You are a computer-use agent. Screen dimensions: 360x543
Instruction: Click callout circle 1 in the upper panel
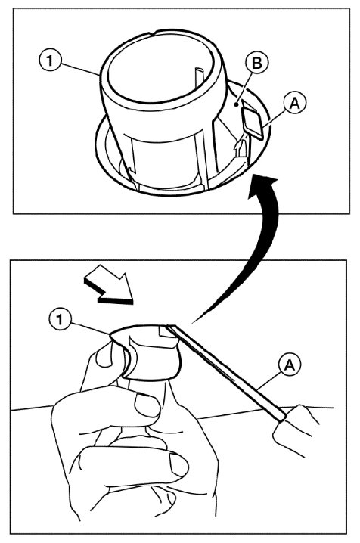pyautogui.click(x=50, y=61)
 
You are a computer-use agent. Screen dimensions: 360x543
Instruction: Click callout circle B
pyautogui.click(x=256, y=64)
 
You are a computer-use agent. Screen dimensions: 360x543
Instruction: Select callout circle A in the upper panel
pyautogui.click(x=294, y=103)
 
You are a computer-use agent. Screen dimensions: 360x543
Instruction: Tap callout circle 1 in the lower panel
pyautogui.click(x=61, y=319)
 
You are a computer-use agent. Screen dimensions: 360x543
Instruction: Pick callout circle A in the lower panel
pyautogui.click(x=290, y=365)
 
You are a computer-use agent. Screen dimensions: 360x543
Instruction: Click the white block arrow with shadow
pyautogui.click(x=110, y=285)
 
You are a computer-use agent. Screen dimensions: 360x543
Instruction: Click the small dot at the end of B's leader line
pyautogui.click(x=236, y=103)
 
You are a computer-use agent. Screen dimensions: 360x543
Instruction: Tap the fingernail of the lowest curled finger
pyautogui.click(x=179, y=465)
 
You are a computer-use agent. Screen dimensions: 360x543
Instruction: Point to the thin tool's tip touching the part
pyautogui.click(x=168, y=326)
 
